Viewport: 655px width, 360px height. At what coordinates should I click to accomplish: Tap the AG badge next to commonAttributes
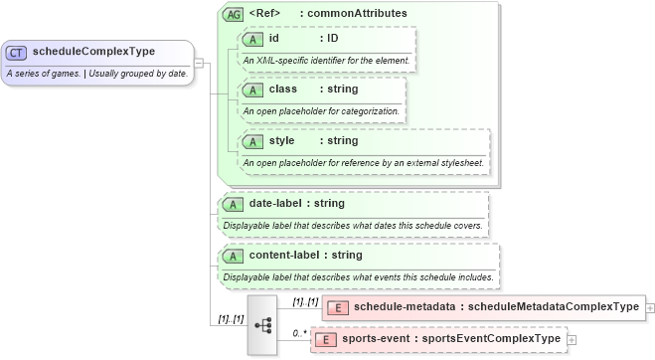(x=234, y=15)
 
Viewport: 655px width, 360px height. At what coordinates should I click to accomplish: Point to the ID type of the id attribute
(x=334, y=38)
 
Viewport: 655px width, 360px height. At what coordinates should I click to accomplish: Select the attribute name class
(x=283, y=89)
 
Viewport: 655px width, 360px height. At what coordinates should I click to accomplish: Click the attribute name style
(x=282, y=140)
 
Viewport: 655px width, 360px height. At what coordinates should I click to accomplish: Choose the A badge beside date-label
(x=232, y=204)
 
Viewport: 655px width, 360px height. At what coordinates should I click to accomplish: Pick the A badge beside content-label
(x=232, y=256)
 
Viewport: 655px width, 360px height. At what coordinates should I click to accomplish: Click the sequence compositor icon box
(x=263, y=324)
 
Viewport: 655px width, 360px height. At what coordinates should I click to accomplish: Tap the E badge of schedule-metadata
(x=337, y=306)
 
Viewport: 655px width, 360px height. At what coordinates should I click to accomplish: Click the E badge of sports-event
(x=324, y=339)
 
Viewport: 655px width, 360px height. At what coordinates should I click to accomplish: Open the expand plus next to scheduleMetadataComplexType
(x=650, y=307)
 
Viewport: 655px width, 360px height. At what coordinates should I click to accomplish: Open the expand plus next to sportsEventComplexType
(x=572, y=340)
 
